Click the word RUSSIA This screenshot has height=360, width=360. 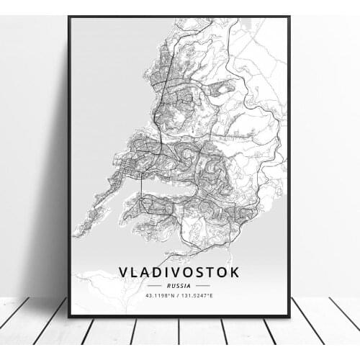[x=179, y=285]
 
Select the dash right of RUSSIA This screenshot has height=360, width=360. [x=202, y=285]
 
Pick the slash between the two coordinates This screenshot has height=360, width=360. [x=179, y=295]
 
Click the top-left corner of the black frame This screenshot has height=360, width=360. [x=69, y=17]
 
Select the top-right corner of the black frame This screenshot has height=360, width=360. [x=289, y=17]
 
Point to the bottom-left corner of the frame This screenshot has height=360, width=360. [x=69, y=317]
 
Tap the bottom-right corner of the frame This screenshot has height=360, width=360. [x=289, y=317]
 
